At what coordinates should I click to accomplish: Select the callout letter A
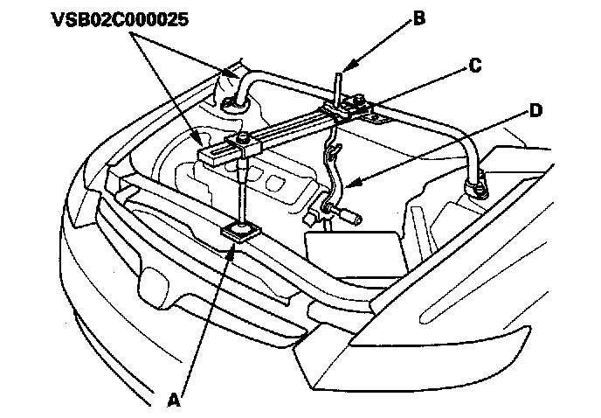click(173, 401)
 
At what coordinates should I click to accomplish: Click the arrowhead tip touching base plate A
click(232, 242)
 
